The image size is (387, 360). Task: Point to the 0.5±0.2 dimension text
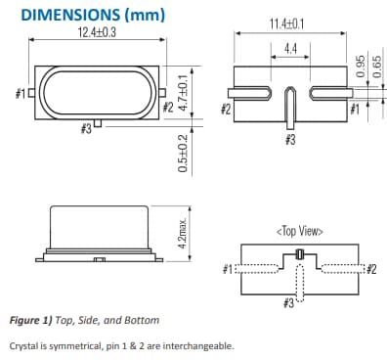click(182, 154)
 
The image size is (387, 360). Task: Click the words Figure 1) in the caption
click(36, 320)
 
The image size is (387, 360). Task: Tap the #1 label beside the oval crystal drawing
click(21, 94)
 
